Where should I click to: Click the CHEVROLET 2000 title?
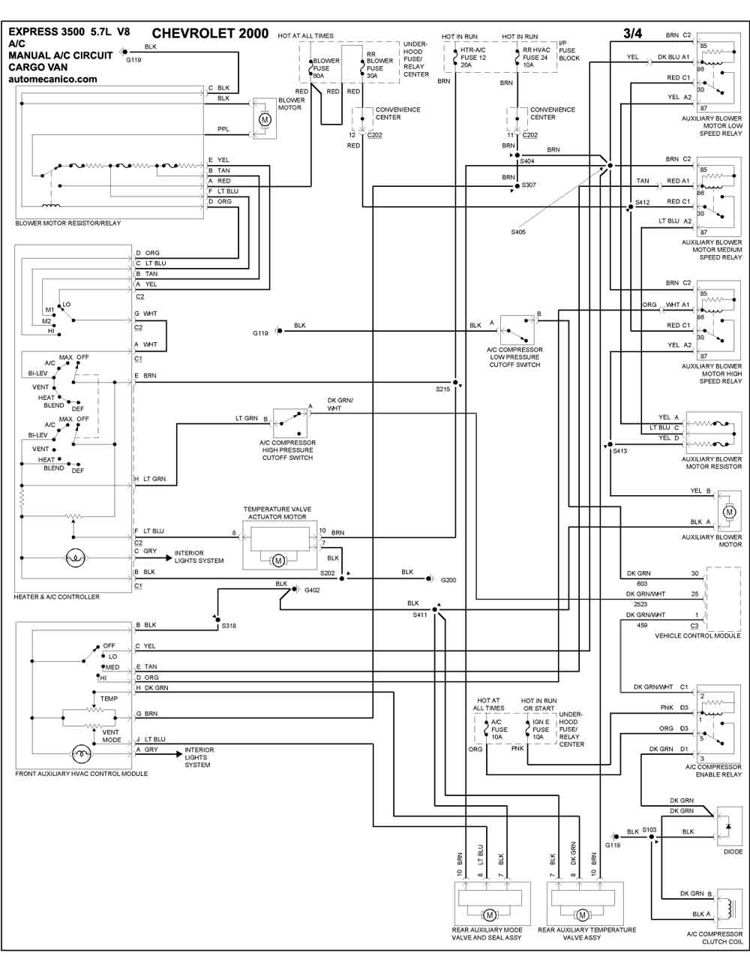click(x=210, y=34)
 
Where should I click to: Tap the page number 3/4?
click(x=632, y=33)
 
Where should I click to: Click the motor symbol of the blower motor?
click(x=265, y=119)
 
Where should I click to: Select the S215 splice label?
click(x=442, y=389)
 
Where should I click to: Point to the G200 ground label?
click(x=448, y=580)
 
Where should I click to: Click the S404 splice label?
click(x=526, y=161)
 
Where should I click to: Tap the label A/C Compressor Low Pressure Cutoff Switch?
click(x=514, y=357)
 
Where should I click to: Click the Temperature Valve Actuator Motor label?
click(x=277, y=513)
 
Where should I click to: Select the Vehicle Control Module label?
click(x=697, y=636)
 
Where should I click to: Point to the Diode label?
click(x=733, y=852)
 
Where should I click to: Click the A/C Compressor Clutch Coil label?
click(x=715, y=937)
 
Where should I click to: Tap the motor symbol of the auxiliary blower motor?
click(x=730, y=512)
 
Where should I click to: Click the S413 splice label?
click(x=619, y=451)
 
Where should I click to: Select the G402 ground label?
click(x=312, y=590)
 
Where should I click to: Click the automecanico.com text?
click(x=52, y=79)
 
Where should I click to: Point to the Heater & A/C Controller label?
click(x=57, y=597)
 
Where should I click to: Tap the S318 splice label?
click(x=229, y=626)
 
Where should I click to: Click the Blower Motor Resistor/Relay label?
click(x=68, y=223)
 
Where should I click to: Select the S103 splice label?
click(x=649, y=829)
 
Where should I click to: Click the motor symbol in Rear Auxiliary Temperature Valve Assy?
click(x=582, y=915)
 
